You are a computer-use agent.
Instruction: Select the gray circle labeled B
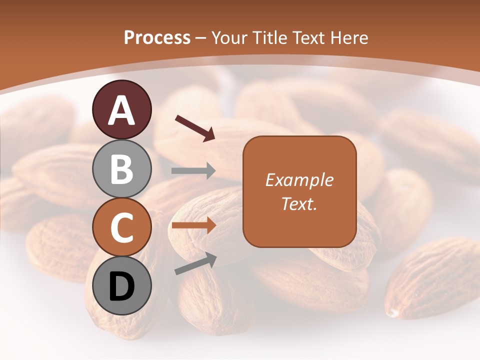point(122,168)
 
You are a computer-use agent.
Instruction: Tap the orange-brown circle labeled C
point(122,227)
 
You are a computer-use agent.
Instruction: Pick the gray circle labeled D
point(122,285)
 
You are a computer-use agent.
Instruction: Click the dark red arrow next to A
point(195,127)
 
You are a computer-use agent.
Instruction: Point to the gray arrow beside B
point(193,171)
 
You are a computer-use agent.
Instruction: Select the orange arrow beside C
point(193,225)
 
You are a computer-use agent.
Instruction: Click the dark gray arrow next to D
point(195,263)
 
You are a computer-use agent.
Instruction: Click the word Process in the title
point(157,38)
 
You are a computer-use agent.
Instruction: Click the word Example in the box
point(299,180)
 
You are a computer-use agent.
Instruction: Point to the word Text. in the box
point(299,203)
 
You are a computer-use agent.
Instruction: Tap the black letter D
point(122,286)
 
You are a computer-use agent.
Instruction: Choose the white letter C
point(122,227)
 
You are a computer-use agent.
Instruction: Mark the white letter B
point(122,169)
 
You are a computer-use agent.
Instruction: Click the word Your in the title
point(230,38)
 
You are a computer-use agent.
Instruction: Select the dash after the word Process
point(200,38)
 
